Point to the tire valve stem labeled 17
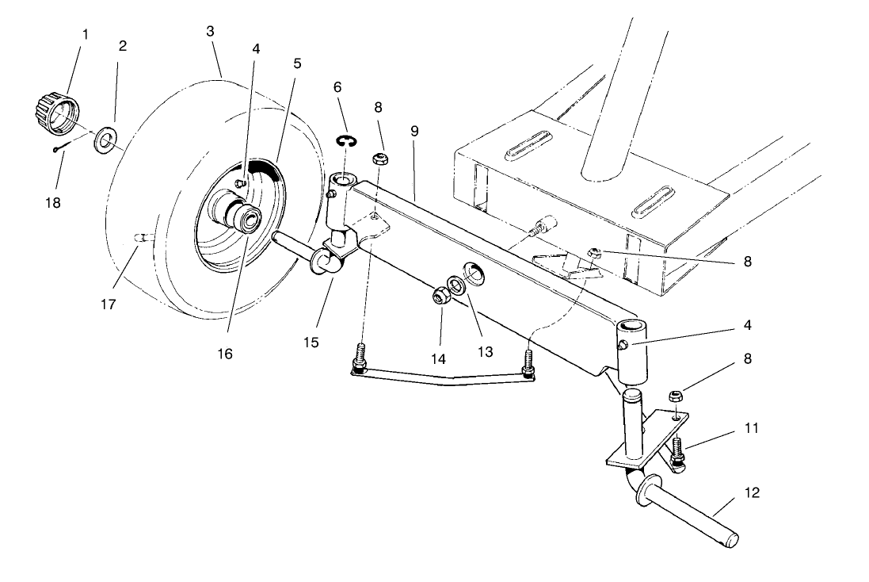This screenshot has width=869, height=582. [x=140, y=236]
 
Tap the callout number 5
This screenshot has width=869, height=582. [x=298, y=63]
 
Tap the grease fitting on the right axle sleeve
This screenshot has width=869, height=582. [x=623, y=344]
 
